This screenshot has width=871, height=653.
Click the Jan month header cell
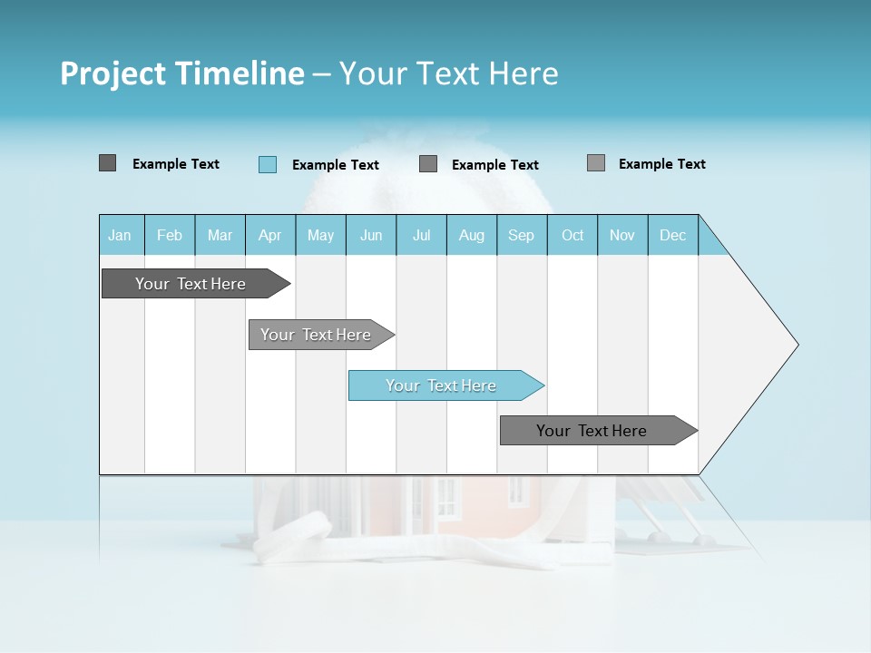[121, 235]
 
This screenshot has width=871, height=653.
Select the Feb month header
[170, 235]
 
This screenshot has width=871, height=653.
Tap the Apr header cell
[270, 235]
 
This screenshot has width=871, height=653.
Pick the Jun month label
[371, 235]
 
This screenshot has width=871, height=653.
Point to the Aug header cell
[472, 235]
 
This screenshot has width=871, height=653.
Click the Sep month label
[522, 235]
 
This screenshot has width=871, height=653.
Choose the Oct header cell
[573, 235]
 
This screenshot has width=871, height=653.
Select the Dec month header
[673, 235]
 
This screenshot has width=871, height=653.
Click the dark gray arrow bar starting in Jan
[191, 284]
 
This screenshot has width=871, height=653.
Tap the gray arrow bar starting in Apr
[316, 335]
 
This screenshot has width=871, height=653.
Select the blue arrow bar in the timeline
[441, 385]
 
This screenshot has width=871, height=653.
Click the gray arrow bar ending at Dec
[592, 431]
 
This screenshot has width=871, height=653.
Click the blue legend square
[268, 164]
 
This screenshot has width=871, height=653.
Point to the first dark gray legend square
[108, 163]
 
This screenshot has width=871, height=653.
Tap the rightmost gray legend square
[596, 163]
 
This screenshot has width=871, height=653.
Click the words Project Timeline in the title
[181, 73]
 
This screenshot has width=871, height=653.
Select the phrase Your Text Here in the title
[449, 73]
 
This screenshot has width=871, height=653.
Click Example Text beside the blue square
[336, 165]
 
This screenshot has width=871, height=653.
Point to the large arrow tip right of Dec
[762, 345]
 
